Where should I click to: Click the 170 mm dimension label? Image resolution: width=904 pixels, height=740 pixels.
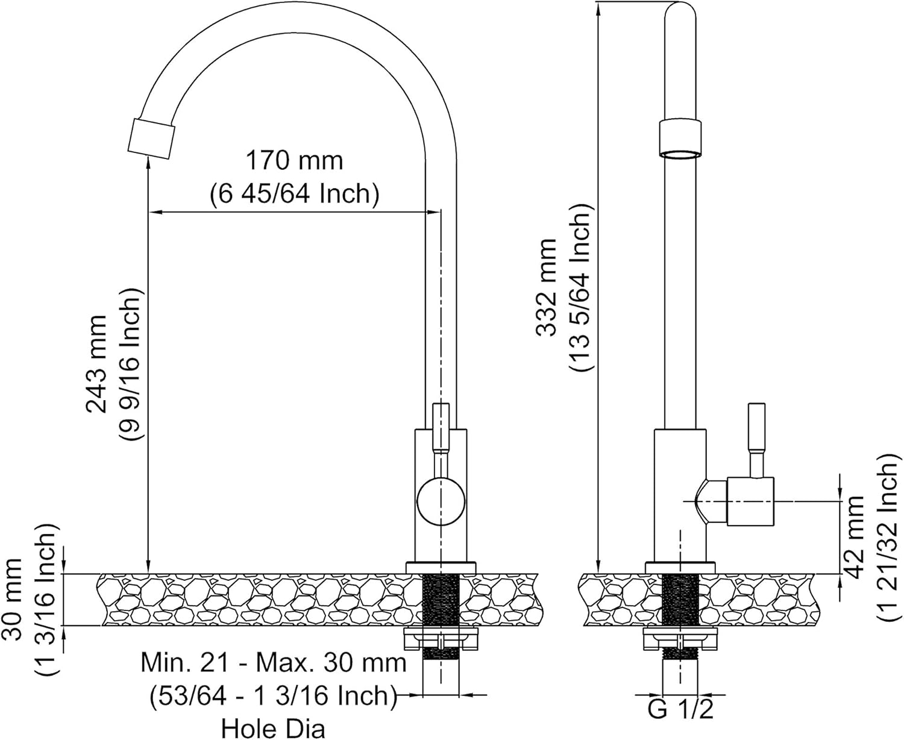(294, 160)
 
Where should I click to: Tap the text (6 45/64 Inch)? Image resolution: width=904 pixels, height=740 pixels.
(295, 194)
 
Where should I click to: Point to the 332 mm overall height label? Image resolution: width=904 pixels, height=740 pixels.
(546, 288)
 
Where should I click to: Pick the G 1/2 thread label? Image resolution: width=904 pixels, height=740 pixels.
(680, 709)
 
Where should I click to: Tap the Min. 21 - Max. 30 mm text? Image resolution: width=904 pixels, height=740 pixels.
(274, 663)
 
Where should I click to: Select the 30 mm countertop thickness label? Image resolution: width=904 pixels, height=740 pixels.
(13, 600)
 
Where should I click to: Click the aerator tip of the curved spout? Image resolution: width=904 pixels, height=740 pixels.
(151, 139)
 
